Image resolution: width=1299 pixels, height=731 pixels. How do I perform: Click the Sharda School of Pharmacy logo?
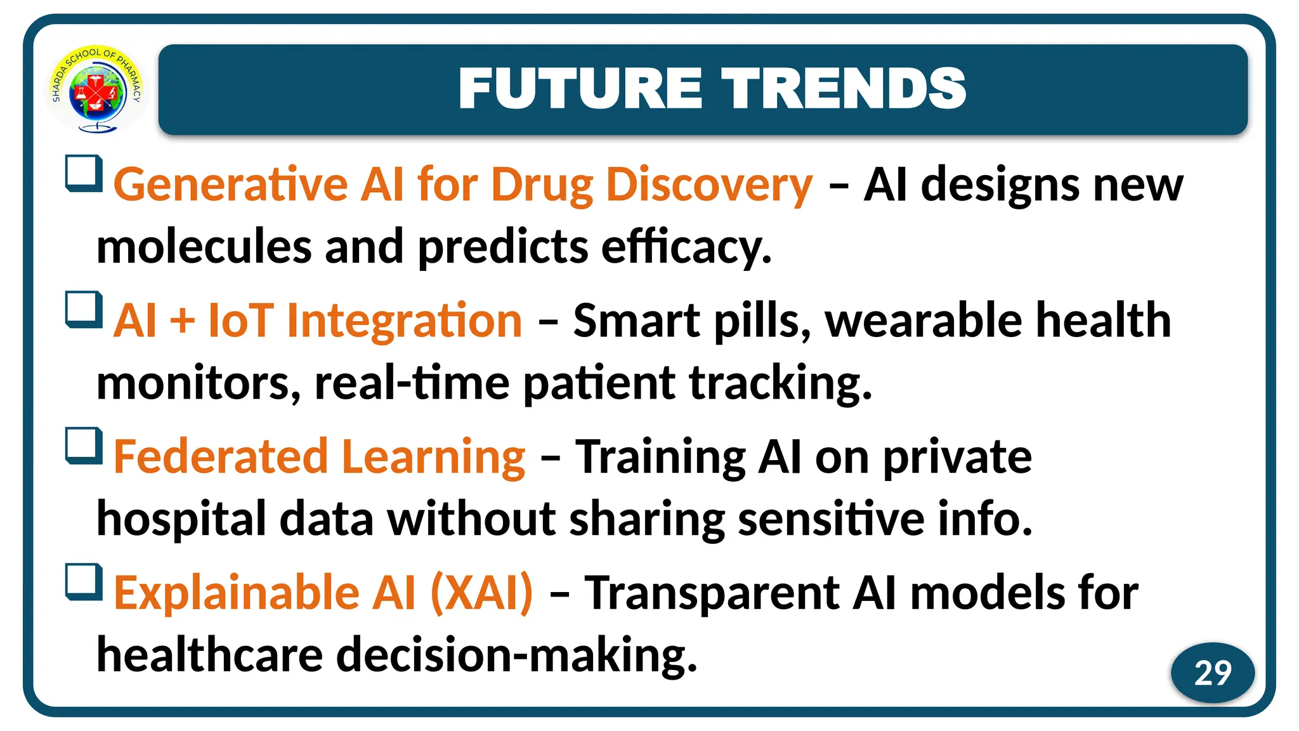coord(96,89)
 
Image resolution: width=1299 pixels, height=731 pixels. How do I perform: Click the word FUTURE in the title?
coord(580,89)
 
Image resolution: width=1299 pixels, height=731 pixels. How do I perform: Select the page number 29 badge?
coord(1212,673)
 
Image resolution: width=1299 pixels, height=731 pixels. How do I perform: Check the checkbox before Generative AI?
coord(84,173)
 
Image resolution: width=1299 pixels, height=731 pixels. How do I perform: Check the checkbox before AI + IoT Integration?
coord(84,309)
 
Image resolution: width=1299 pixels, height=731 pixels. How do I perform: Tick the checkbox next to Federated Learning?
coord(84,445)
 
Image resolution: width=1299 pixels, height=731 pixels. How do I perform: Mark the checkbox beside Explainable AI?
coord(84,581)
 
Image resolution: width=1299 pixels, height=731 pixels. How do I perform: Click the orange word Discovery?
coord(708,185)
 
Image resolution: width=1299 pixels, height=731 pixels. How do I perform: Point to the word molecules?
coord(204,247)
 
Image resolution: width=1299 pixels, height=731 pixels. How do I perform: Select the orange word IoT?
coord(241,320)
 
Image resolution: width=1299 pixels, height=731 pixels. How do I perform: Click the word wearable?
coord(923,320)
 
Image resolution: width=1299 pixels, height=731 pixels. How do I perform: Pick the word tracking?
coord(780,384)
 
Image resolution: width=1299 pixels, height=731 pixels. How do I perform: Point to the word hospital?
coord(181,520)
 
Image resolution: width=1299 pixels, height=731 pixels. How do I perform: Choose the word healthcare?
coord(209,655)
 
